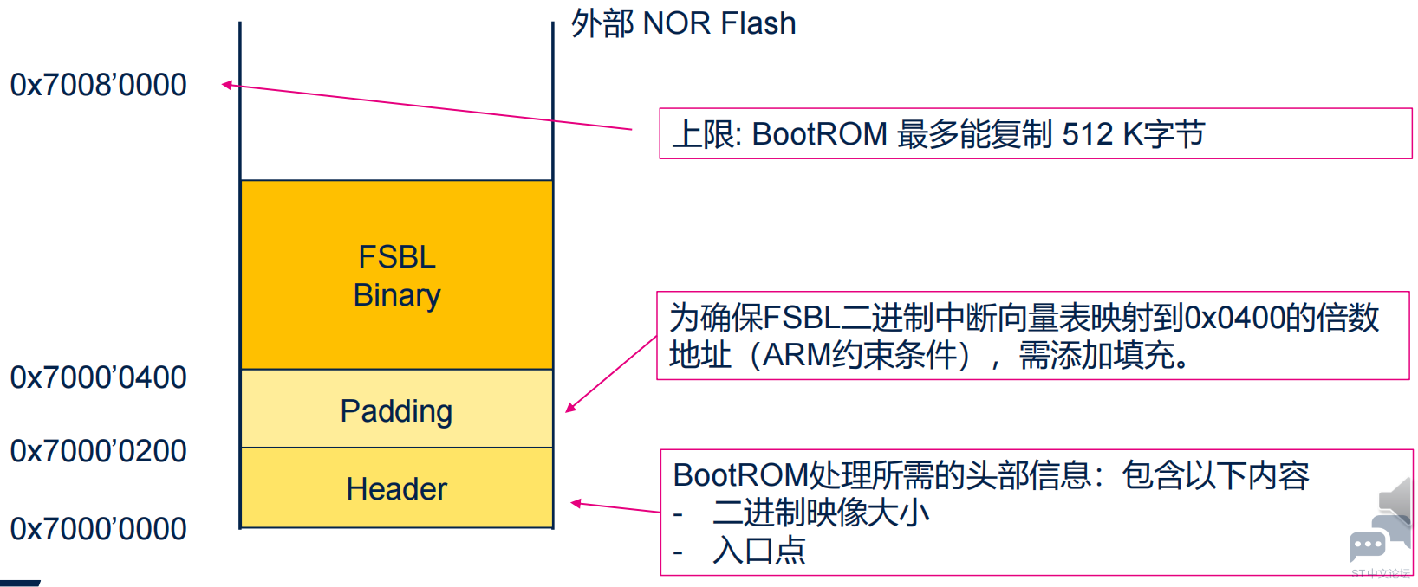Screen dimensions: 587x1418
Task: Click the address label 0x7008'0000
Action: point(98,85)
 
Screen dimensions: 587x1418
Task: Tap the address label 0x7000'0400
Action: point(98,377)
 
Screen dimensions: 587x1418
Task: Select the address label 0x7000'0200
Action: point(98,451)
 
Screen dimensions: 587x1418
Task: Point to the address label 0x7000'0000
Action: point(98,529)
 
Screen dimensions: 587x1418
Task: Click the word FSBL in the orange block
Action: point(397,257)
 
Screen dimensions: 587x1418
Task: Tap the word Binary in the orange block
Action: point(397,295)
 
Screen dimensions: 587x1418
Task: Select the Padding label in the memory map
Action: point(396,411)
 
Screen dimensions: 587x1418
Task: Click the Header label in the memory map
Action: point(396,489)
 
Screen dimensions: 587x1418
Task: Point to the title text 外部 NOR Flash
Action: point(683,23)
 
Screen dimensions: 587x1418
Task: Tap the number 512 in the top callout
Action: point(1088,134)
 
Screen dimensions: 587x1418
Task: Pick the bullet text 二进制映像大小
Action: point(821,513)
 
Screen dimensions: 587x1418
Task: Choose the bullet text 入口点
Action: point(759,551)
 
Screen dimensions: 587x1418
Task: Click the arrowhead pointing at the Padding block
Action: point(570,408)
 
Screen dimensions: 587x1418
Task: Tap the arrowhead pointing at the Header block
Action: point(576,503)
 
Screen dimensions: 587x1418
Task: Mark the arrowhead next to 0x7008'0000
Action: point(227,85)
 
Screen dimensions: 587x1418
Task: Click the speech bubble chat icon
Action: point(1368,545)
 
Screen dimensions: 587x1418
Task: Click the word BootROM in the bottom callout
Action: point(739,475)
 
